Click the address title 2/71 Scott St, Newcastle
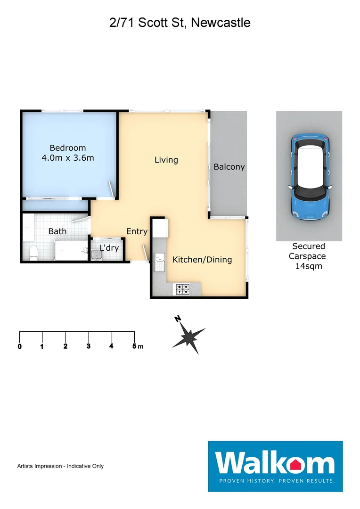click(180, 22)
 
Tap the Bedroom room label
click(68, 148)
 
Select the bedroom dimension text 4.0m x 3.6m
click(68, 158)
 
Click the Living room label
click(166, 160)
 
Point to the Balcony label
click(229, 167)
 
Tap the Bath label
click(57, 231)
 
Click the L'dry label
click(109, 248)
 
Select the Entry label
click(137, 231)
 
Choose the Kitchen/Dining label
click(202, 260)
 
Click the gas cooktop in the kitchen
click(183, 288)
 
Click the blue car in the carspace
click(309, 177)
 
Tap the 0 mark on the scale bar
click(20, 346)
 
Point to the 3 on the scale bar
click(89, 346)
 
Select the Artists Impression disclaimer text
click(60, 466)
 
